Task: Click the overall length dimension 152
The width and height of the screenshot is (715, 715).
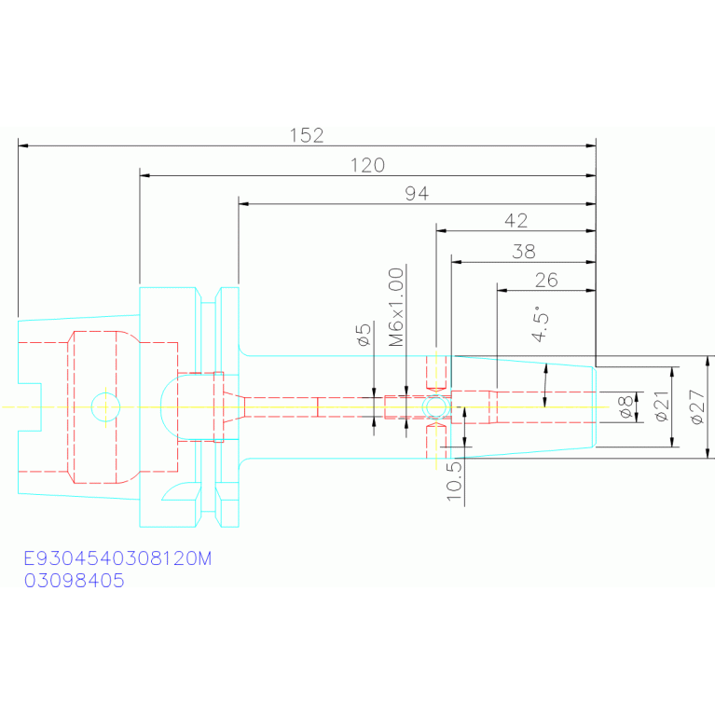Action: (x=307, y=135)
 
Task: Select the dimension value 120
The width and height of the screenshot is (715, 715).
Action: (x=367, y=165)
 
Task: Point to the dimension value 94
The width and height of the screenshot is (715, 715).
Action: (x=417, y=194)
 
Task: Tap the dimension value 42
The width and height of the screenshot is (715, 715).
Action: (x=516, y=221)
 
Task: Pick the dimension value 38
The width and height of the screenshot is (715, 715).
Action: (x=524, y=252)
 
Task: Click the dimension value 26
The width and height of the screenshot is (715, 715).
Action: (x=546, y=280)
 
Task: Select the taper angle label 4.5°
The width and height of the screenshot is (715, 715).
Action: (x=541, y=323)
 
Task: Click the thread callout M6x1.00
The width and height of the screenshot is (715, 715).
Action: (x=396, y=307)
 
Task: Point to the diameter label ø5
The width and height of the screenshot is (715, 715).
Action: (x=364, y=335)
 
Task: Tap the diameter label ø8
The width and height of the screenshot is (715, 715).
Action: (x=626, y=406)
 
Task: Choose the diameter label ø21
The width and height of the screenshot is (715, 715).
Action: (x=661, y=406)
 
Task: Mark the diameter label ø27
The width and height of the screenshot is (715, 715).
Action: (x=697, y=406)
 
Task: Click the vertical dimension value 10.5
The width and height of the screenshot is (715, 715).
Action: (x=454, y=481)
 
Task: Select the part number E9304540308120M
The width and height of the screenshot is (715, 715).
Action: (x=117, y=558)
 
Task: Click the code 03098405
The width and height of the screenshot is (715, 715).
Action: (x=74, y=581)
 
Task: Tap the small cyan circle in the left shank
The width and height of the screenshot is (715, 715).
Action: (x=105, y=393)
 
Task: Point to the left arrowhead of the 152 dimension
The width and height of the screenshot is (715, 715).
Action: (x=22, y=145)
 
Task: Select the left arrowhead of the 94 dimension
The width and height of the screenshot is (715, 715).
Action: (x=243, y=204)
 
